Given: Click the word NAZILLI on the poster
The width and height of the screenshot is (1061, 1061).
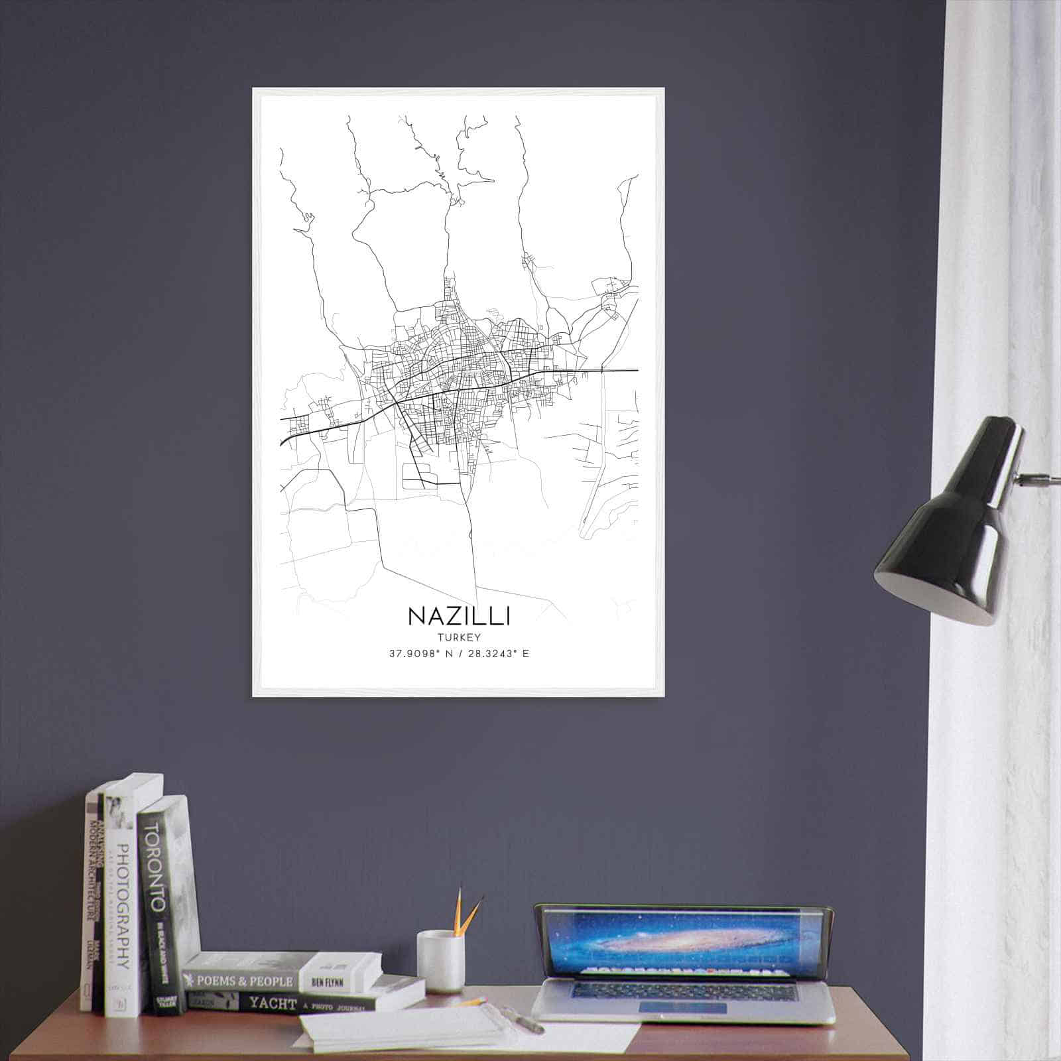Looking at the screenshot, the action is tap(459, 616).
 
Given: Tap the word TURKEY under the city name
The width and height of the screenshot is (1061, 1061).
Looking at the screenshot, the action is tap(459, 637).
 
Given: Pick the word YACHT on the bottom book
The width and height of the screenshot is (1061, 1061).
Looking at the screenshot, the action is tap(273, 1004).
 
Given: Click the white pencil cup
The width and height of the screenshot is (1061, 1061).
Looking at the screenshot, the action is tap(439, 962).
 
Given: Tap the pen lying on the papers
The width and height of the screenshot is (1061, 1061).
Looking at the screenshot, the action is tap(524, 1021).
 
